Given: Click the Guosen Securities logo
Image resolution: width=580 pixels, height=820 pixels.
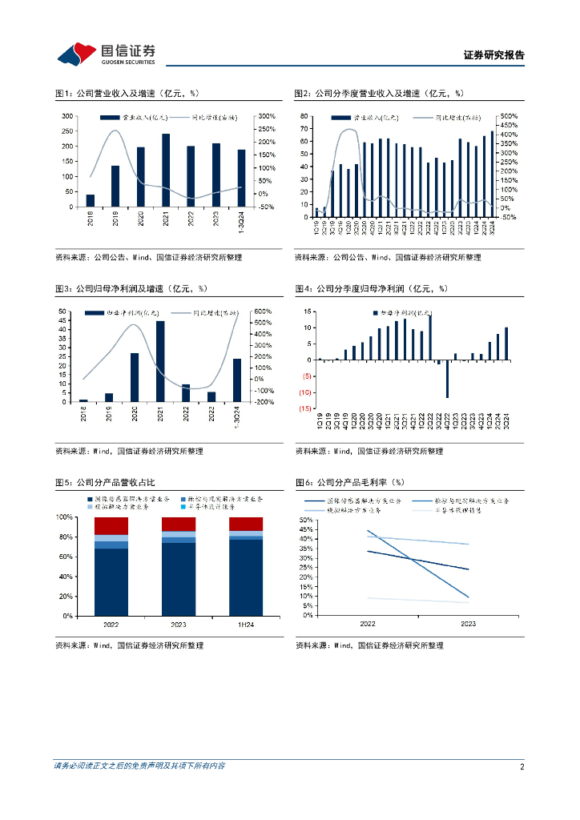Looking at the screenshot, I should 107,54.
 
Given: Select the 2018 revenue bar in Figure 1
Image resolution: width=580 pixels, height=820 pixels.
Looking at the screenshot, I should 90,200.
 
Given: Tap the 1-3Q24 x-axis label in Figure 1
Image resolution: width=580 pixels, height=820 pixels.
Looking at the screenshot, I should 241,218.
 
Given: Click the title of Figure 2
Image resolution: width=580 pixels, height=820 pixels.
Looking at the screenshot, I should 379,94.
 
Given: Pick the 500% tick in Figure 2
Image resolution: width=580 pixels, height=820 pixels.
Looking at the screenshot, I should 510,116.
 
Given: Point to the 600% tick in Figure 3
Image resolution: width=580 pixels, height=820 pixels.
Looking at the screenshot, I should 264,312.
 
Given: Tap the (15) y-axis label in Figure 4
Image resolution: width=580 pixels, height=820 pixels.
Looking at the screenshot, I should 304,408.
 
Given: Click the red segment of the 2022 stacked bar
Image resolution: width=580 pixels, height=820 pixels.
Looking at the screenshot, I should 111,526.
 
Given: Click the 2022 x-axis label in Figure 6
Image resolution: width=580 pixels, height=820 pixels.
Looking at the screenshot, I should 368,624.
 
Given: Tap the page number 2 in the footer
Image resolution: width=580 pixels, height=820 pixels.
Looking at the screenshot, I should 522,766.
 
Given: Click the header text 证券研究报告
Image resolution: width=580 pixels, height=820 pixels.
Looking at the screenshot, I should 493,55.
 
